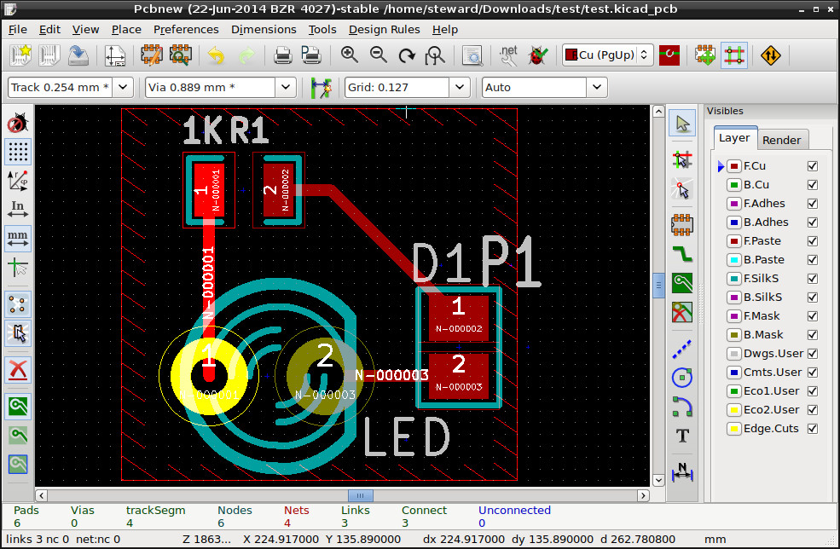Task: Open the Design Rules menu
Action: coord(384,29)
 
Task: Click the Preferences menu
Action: coord(186,29)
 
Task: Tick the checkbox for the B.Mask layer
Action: coord(812,335)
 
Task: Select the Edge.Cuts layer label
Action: coord(771,429)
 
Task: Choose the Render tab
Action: coord(781,140)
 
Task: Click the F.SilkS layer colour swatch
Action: coord(733,279)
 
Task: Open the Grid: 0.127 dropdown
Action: coord(461,87)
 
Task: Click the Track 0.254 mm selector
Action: coord(70,87)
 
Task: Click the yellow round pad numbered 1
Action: coord(208,373)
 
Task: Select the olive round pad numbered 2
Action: coord(325,373)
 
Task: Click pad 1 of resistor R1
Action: coord(209,190)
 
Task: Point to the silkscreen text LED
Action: coord(406,437)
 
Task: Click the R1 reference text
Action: coord(250,130)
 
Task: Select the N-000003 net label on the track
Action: coord(391,375)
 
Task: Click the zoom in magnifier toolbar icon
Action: coord(349,55)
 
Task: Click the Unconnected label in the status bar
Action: coord(514,510)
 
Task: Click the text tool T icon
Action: coord(682,436)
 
